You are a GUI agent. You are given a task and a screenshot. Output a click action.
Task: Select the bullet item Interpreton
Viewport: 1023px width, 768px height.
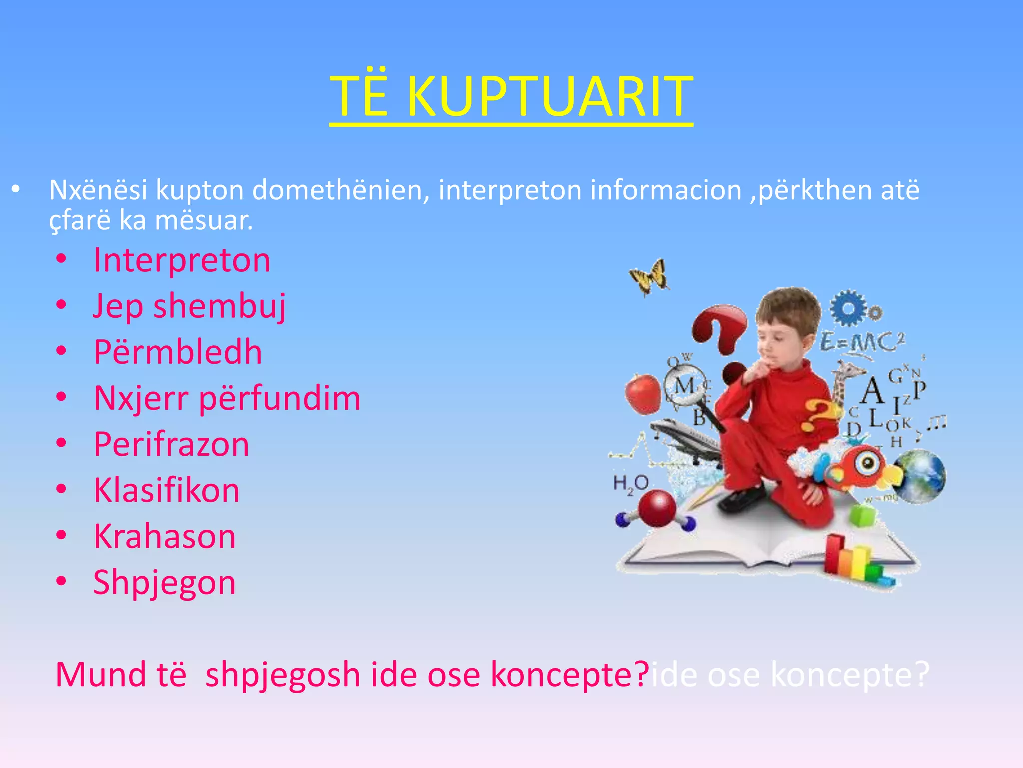[x=182, y=260]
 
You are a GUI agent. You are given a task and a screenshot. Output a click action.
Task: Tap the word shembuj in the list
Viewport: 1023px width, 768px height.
[x=220, y=306]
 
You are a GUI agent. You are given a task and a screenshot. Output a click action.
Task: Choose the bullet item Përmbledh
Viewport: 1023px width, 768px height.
[x=178, y=352]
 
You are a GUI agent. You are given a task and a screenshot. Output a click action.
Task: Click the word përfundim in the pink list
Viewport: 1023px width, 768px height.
[x=280, y=399]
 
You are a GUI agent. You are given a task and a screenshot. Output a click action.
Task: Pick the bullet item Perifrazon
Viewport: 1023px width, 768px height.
[x=171, y=444]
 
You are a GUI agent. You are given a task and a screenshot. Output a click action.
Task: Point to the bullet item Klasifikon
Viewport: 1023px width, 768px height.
[x=167, y=490]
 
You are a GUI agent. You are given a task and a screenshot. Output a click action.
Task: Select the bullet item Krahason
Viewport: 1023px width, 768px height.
[x=165, y=536]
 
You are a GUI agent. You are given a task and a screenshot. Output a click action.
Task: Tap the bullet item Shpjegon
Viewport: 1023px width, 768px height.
[x=164, y=583]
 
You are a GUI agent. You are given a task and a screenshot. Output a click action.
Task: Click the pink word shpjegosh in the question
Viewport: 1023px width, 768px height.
[x=283, y=675]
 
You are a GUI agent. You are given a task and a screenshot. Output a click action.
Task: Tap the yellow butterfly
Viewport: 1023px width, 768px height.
[x=650, y=276]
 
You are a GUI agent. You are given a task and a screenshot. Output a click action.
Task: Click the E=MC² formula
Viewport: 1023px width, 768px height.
[x=862, y=343]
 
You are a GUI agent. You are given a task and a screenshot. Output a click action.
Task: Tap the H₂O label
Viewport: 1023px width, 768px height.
[x=630, y=483]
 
